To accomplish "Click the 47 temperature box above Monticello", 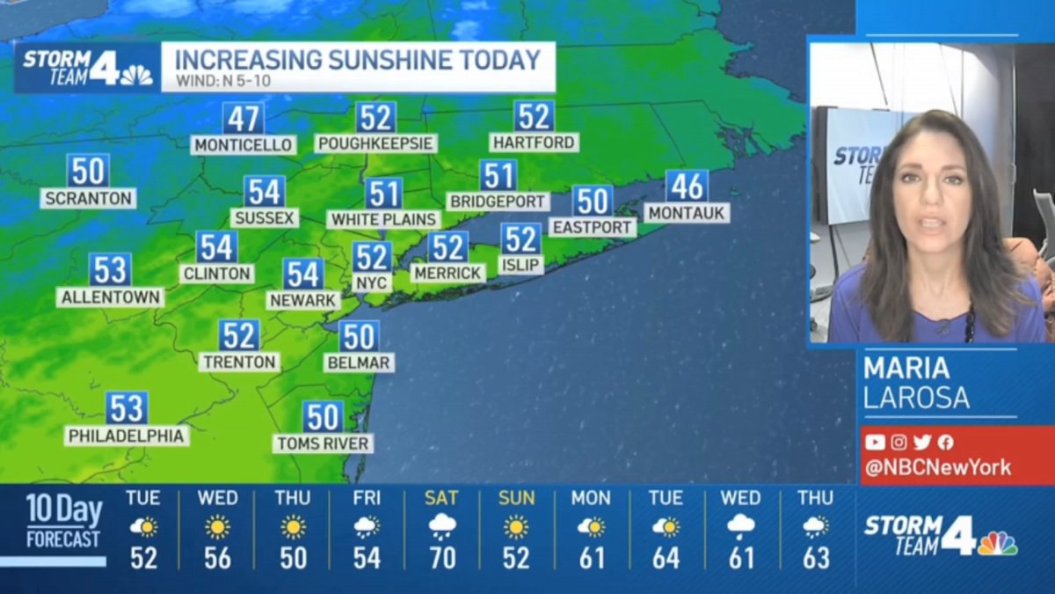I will tap(244, 118).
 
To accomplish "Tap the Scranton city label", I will tap(88, 198).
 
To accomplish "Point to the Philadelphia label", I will tap(127, 436).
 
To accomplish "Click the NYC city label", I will tap(372, 282).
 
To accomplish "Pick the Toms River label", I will tap(324, 444).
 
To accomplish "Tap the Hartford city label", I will tap(534, 142).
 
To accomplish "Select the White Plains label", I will tap(384, 219).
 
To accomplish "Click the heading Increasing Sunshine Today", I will tap(357, 60).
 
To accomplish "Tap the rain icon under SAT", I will tap(441, 526).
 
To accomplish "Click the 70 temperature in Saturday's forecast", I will tap(441, 558).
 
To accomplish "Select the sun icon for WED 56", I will tap(217, 526).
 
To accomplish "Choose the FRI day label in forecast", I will tap(367, 498).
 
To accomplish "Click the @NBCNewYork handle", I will tap(937, 467).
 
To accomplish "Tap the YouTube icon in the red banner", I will tap(875, 443).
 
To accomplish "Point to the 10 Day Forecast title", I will tap(63, 520).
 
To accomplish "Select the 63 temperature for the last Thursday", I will tap(816, 558).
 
